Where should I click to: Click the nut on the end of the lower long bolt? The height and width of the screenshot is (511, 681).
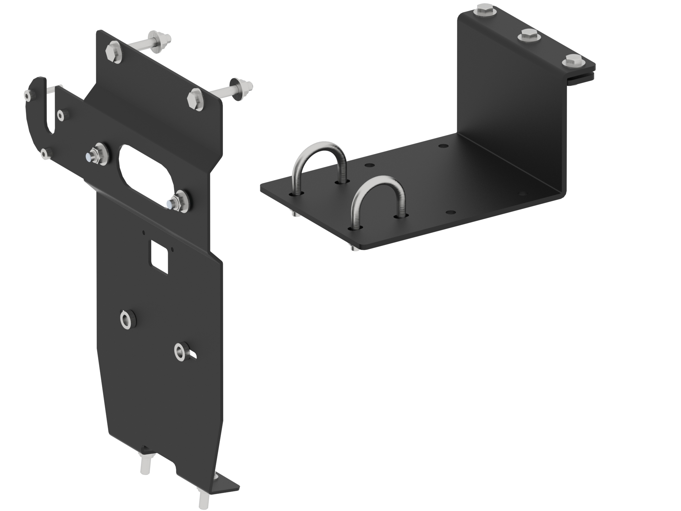tap(245, 86)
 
